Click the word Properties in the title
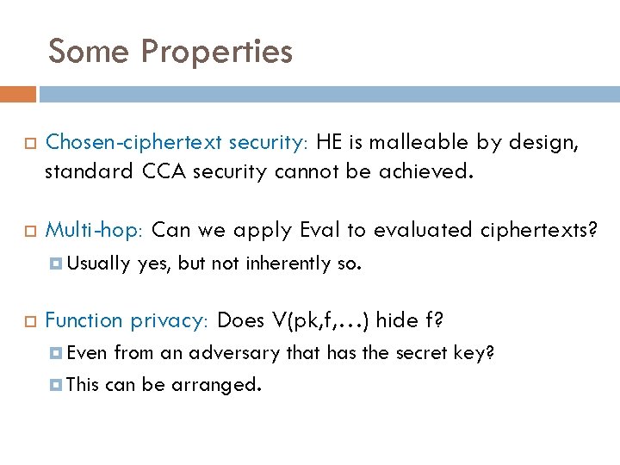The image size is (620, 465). tap(217, 52)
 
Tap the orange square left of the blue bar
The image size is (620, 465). tap(18, 94)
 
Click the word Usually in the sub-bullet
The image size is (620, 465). tap(97, 263)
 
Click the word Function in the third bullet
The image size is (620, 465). tap(84, 320)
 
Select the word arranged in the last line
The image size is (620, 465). tap(216, 384)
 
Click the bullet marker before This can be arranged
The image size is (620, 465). tap(53, 385)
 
